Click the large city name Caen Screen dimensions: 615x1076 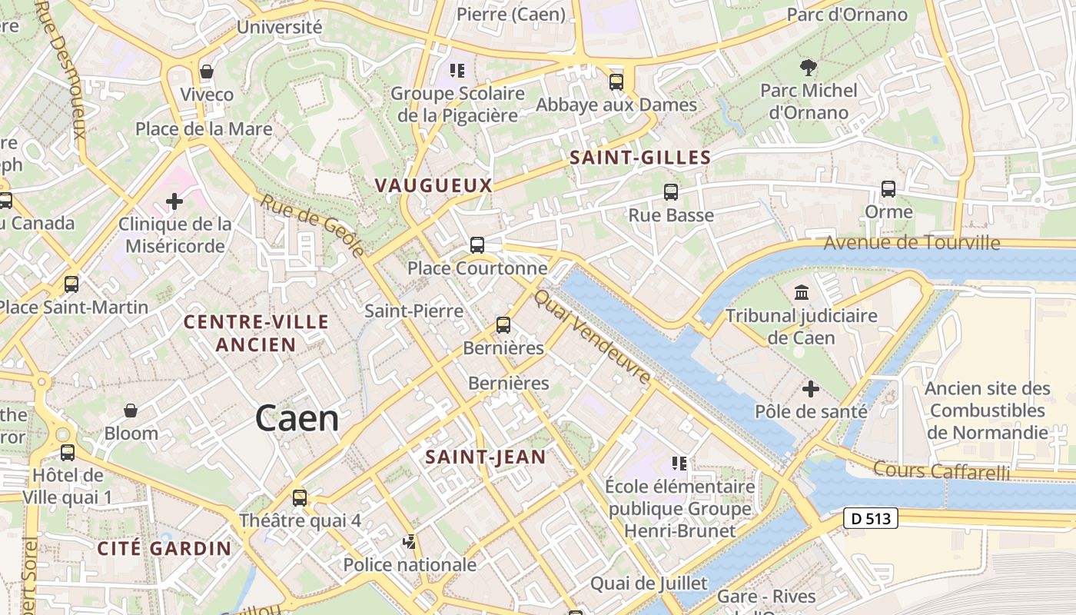pos(297,419)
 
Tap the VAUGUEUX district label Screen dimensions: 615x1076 pos(433,185)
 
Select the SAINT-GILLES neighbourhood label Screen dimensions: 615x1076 pos(639,158)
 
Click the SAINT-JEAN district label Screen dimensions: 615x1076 pos(486,457)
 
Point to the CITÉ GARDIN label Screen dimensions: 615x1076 pos(164,548)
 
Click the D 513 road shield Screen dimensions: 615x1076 pos(871,518)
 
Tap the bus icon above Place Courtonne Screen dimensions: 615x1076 pos(477,245)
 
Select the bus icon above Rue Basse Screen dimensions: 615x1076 pos(671,192)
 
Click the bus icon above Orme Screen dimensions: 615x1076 pos(888,188)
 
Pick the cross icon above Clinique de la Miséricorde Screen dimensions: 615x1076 pos(174,201)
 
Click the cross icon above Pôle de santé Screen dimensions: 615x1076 pos(811,389)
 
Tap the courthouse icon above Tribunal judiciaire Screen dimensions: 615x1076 pos(802,293)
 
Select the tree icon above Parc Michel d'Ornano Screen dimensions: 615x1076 pos(809,68)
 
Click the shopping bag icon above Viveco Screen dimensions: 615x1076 pos(206,71)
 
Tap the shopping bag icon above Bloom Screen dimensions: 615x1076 pos(131,411)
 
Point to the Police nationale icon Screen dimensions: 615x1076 pos(409,542)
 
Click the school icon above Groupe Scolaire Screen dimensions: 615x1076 pos(457,71)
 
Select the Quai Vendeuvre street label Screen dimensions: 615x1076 pos(593,337)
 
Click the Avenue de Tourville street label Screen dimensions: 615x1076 pos(912,244)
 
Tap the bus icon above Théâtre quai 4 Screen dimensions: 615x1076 pos(300,497)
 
